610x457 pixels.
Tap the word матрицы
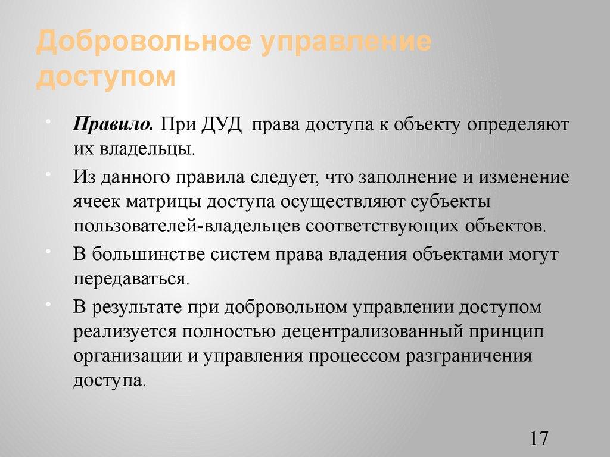(164, 202)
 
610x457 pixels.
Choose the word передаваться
(131, 278)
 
